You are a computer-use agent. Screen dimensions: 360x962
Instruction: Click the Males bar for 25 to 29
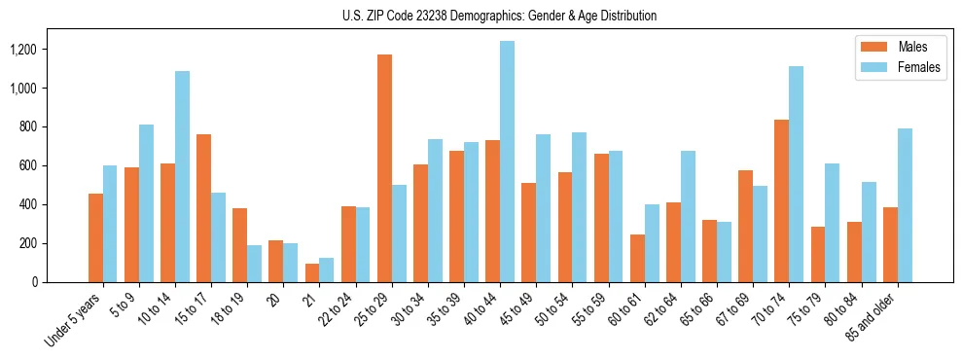coord(384,168)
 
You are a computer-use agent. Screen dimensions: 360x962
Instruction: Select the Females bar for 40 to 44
coord(507,162)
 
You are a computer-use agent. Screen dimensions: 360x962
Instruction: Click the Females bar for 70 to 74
coord(796,174)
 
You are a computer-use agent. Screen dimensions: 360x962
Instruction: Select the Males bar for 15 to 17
coord(204,208)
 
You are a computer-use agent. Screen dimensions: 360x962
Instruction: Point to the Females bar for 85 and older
coord(904,205)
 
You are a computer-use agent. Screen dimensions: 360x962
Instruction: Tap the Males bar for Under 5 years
coord(95,237)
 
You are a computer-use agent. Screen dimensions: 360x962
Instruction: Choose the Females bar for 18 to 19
coord(254,264)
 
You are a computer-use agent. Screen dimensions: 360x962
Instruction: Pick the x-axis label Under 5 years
coord(75,320)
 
